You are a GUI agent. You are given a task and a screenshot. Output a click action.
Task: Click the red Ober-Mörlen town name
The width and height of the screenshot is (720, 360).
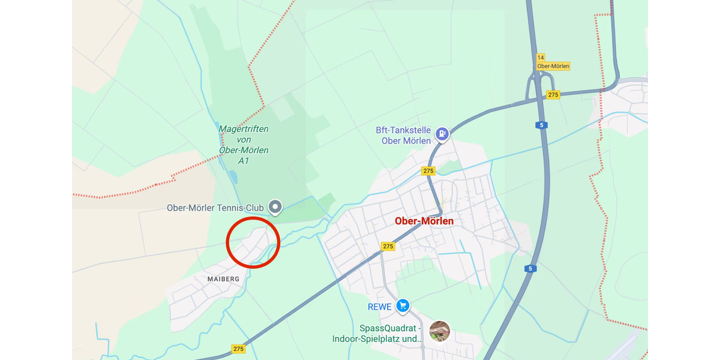424,221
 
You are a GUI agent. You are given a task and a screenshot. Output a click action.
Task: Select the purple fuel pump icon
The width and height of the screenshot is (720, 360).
442,133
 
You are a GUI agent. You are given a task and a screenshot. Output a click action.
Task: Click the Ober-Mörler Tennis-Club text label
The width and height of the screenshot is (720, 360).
215,208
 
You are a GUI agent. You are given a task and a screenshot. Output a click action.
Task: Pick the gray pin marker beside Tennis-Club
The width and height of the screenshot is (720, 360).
275,207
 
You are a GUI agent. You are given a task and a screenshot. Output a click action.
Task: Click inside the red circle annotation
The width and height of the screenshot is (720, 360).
253,242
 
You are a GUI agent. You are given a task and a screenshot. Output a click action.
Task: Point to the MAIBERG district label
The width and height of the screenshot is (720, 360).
223,279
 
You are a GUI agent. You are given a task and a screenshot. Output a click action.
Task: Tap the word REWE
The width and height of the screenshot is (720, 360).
380,307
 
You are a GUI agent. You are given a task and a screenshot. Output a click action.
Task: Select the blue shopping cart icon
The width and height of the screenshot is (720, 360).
403,306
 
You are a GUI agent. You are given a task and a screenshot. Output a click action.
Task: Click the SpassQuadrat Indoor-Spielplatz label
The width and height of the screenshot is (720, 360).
377,334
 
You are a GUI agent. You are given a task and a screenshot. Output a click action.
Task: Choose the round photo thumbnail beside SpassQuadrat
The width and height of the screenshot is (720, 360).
440,331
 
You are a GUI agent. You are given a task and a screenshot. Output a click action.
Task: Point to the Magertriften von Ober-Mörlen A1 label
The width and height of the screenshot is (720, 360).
243,145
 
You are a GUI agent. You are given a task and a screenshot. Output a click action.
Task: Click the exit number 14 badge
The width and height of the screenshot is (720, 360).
541,58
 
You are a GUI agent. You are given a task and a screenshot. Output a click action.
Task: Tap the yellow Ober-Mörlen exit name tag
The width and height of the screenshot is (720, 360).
553,66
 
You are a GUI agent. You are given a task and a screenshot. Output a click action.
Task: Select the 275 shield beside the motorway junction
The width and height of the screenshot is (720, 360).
553,95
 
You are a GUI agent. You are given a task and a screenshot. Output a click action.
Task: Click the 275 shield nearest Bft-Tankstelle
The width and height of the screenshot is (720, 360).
428,171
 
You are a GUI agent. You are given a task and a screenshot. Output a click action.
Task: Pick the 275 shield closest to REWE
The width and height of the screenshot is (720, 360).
388,247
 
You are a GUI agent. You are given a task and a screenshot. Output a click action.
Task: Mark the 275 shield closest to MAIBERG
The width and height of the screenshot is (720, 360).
238,349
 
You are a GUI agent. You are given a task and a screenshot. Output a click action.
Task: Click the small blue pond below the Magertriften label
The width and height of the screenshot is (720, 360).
233,176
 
